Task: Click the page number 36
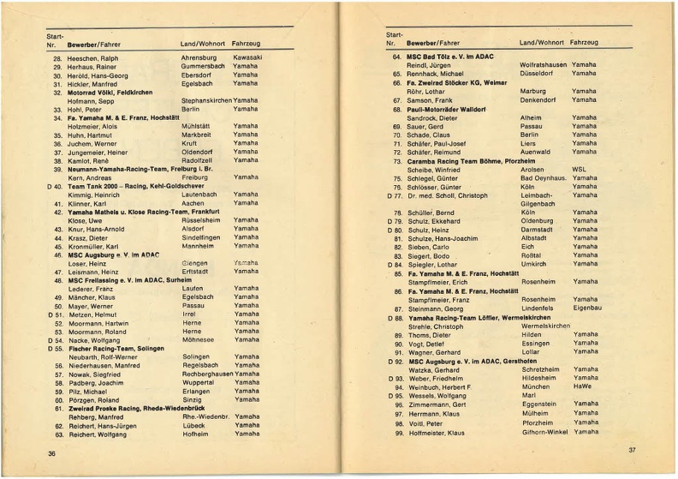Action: pyautogui.click(x=51, y=453)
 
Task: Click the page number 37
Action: pyautogui.click(x=632, y=450)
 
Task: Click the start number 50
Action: pyautogui.click(x=58, y=305)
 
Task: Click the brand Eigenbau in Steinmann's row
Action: pyautogui.click(x=586, y=308)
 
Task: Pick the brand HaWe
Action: pyautogui.click(x=581, y=386)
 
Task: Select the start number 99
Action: pyautogui.click(x=398, y=432)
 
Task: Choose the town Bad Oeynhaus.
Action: pyautogui.click(x=544, y=178)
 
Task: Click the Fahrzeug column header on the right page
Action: pyautogui.click(x=584, y=42)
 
